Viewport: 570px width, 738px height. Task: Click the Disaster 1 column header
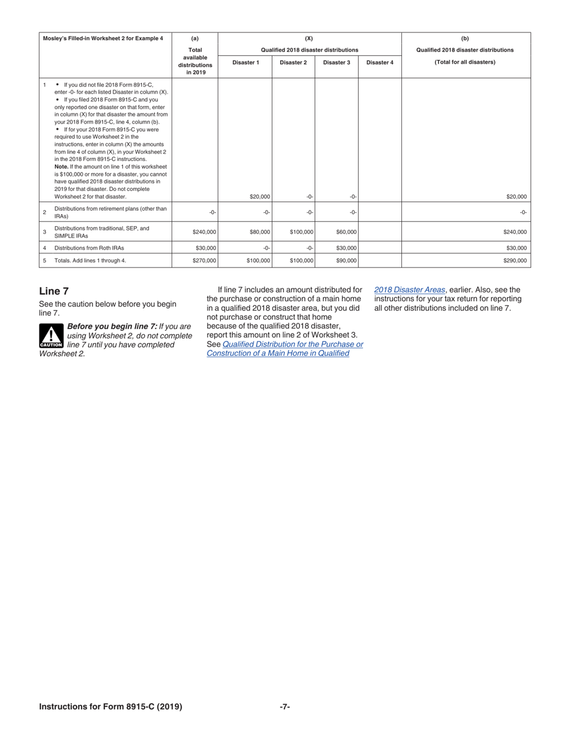[245, 62]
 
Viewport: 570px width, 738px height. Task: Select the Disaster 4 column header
[379, 62]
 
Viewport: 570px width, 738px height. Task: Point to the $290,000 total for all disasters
[515, 261]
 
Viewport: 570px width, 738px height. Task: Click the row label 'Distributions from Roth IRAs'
[91, 247]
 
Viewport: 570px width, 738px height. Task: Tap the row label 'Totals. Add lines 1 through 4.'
[90, 261]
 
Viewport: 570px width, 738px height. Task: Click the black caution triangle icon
[51, 337]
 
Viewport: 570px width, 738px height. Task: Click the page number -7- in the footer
[285, 707]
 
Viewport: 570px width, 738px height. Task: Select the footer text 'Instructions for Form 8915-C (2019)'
[110, 707]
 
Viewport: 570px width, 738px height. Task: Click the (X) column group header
[309, 38]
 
